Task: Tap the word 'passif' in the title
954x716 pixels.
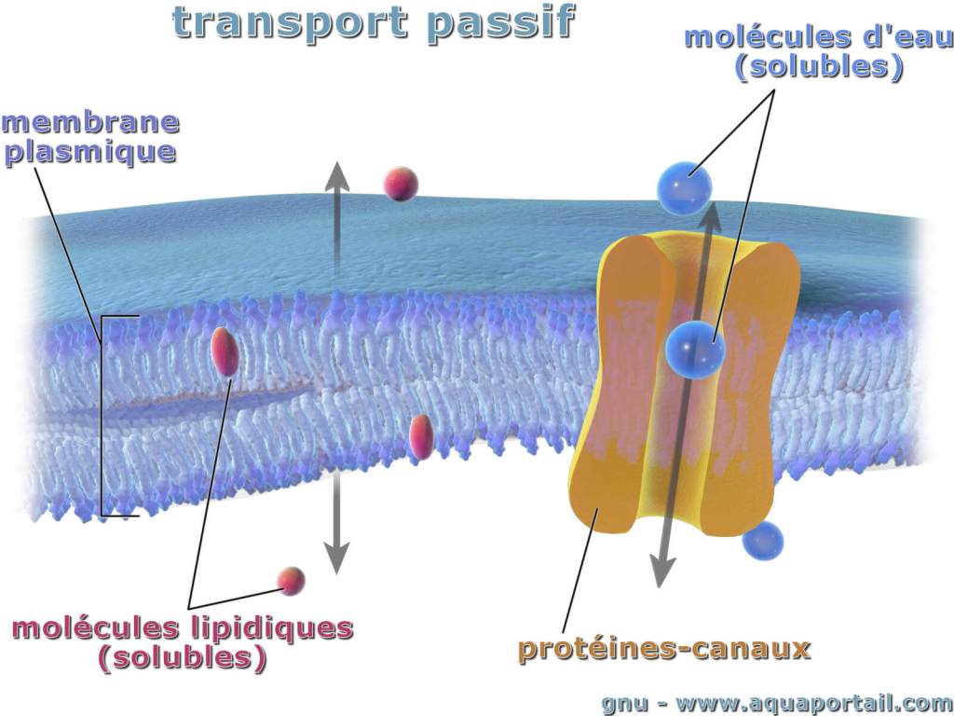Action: coord(500,24)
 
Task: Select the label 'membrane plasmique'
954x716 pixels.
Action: coord(91,138)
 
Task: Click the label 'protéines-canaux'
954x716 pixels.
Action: coord(664,649)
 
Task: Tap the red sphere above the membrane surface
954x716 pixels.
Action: coord(401,184)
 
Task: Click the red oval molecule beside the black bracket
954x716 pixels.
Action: coord(225,351)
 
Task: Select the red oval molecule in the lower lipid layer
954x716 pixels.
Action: coord(421,436)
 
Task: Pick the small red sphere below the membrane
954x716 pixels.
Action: coord(291,581)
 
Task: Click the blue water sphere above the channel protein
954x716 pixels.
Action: coord(684,188)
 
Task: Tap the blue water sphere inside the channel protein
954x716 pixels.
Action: coord(695,350)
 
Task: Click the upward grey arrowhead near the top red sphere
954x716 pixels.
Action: coord(336,176)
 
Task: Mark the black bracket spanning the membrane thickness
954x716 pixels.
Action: coord(102,416)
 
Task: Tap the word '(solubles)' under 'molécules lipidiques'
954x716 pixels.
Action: coord(183,659)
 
